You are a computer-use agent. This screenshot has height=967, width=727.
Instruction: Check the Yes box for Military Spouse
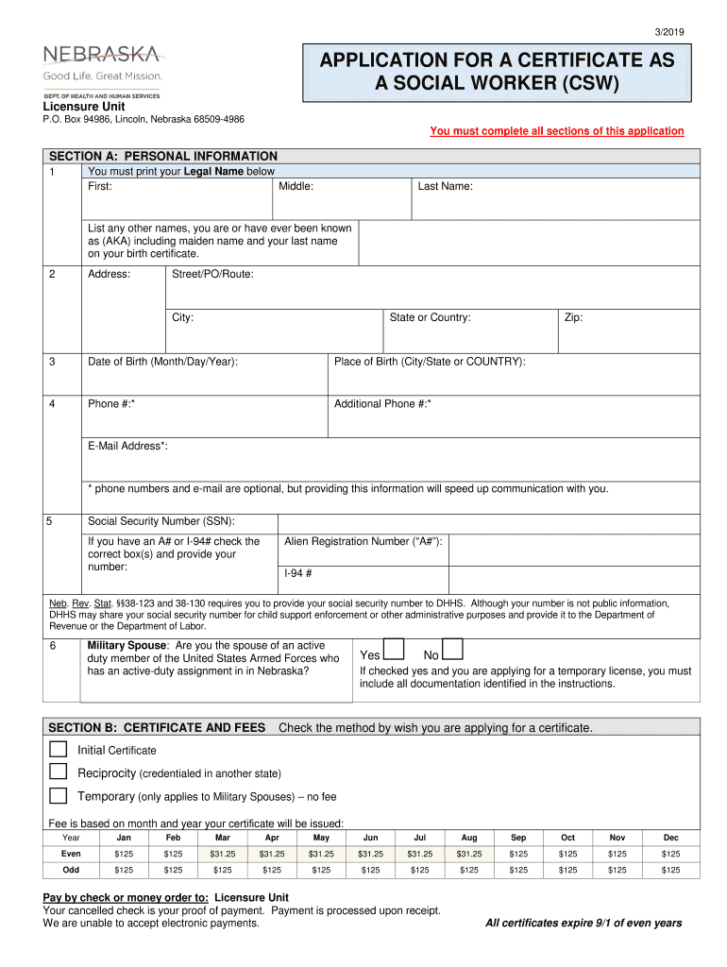point(394,650)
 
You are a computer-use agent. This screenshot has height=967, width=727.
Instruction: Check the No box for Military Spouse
point(453,650)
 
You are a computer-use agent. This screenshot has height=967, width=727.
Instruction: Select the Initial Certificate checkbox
point(59,749)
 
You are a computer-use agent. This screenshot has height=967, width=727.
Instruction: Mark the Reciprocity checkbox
point(59,772)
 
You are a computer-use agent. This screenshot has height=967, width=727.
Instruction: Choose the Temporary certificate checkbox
point(59,795)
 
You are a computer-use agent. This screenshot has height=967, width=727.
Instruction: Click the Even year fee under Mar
point(223,854)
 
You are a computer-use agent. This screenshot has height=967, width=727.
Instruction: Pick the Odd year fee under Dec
point(670,870)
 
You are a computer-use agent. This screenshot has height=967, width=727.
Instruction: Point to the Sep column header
point(518,838)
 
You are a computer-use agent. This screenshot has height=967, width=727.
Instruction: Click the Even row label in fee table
point(71,854)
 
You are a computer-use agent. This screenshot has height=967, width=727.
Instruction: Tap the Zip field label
point(573,317)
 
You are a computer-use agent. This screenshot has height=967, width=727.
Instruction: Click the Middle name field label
point(296,187)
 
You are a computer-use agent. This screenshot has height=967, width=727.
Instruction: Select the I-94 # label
point(298,573)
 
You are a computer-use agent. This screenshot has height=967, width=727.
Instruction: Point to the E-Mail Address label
point(127,446)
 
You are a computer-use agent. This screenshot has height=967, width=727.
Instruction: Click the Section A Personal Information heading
point(163,156)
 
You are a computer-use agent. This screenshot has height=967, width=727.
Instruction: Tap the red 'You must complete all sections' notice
point(556,131)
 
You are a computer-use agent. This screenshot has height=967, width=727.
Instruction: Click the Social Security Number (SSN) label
point(161,521)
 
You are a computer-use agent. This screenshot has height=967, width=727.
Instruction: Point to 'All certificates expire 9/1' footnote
point(583,923)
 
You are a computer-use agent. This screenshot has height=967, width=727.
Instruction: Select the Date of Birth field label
point(162,362)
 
